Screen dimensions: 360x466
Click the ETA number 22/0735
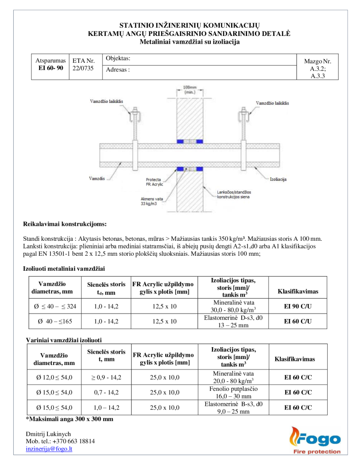(83, 68)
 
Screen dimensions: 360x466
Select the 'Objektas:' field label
(118, 58)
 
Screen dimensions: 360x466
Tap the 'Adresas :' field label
(118, 70)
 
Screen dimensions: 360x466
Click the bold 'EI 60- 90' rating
(51, 68)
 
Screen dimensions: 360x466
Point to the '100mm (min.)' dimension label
(190, 90)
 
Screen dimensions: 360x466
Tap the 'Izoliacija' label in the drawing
(278, 179)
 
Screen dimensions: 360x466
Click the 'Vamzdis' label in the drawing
(97, 178)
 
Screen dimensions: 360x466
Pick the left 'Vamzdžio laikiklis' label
(106, 101)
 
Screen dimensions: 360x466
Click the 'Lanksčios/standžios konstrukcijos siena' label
(233, 194)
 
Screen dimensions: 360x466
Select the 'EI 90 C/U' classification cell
(298, 306)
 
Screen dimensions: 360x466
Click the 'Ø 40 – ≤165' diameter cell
(55, 321)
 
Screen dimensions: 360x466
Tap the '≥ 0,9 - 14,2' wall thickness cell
(106, 377)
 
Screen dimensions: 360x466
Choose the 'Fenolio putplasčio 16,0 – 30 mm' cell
(233, 392)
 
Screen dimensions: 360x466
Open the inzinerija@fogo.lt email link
(49, 449)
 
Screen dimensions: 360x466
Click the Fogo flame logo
(315, 441)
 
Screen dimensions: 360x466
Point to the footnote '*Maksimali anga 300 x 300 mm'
(70, 419)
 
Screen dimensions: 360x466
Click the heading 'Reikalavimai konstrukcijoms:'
(65, 224)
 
